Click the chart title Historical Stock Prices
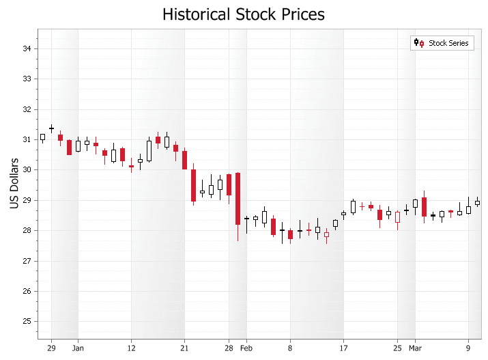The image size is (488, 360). coord(244,14)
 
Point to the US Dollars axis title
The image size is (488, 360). coord(13,184)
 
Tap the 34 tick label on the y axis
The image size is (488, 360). coord(27,49)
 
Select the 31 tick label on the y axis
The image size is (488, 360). coord(27,139)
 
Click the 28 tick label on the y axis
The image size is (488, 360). coord(27,230)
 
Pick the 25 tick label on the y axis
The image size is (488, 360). coord(27,321)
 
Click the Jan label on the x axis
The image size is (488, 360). coord(78,348)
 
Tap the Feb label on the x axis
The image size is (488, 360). coord(246,348)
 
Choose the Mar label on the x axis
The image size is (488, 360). coord(415,348)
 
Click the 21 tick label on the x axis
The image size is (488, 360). coord(184,348)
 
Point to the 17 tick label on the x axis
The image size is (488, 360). coord(343,348)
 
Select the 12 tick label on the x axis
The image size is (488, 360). coord(131,348)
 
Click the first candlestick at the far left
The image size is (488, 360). coord(42,137)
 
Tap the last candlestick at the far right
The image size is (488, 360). coord(477,202)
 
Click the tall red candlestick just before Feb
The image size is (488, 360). coord(238,199)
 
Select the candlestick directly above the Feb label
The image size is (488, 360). coord(246,219)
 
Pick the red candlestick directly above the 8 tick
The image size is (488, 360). coord(290,234)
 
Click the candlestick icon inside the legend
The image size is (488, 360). coord(418,43)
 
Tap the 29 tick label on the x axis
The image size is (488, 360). coord(51,348)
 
